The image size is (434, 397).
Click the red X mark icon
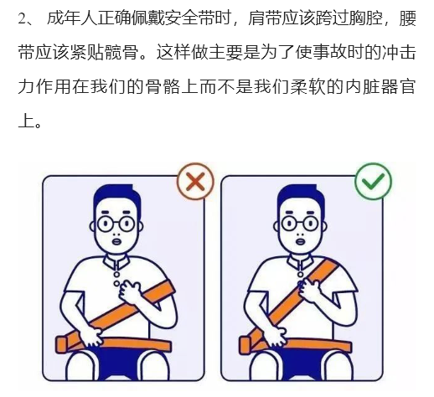click(x=195, y=181)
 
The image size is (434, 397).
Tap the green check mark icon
click(x=373, y=181)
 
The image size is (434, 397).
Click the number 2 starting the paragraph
click(x=22, y=19)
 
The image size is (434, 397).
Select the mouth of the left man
click(x=116, y=241)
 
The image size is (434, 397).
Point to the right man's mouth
click(x=301, y=241)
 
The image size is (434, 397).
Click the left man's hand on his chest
click(x=131, y=292)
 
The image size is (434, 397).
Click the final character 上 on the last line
click(x=26, y=121)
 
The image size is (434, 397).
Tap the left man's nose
click(x=116, y=234)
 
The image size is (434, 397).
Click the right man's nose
click(x=301, y=234)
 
